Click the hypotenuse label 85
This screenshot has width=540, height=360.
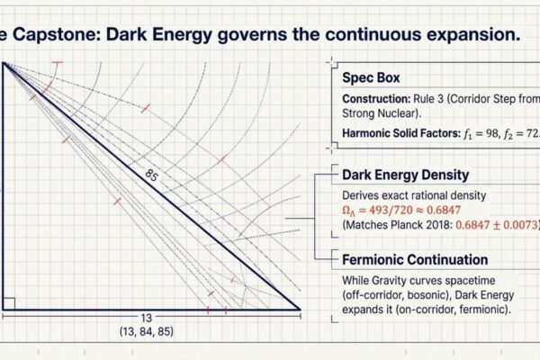151,177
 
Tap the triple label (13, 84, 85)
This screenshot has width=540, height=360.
146,332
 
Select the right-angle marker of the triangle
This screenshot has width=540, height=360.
7,303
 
